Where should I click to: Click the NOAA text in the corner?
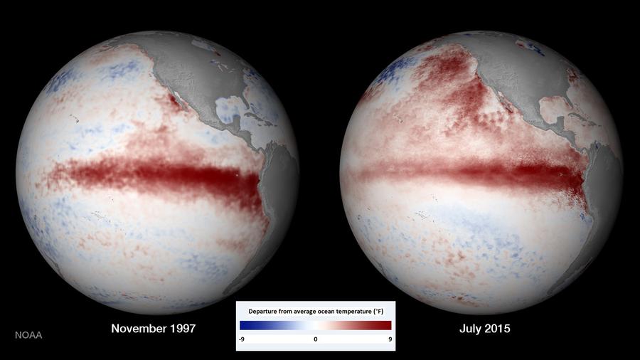[28, 334]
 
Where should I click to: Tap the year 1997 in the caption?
[180, 329]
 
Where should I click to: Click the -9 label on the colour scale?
[242, 339]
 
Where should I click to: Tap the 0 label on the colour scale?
[315, 339]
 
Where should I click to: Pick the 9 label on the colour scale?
[388, 339]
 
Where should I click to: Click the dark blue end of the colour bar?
[245, 325]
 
